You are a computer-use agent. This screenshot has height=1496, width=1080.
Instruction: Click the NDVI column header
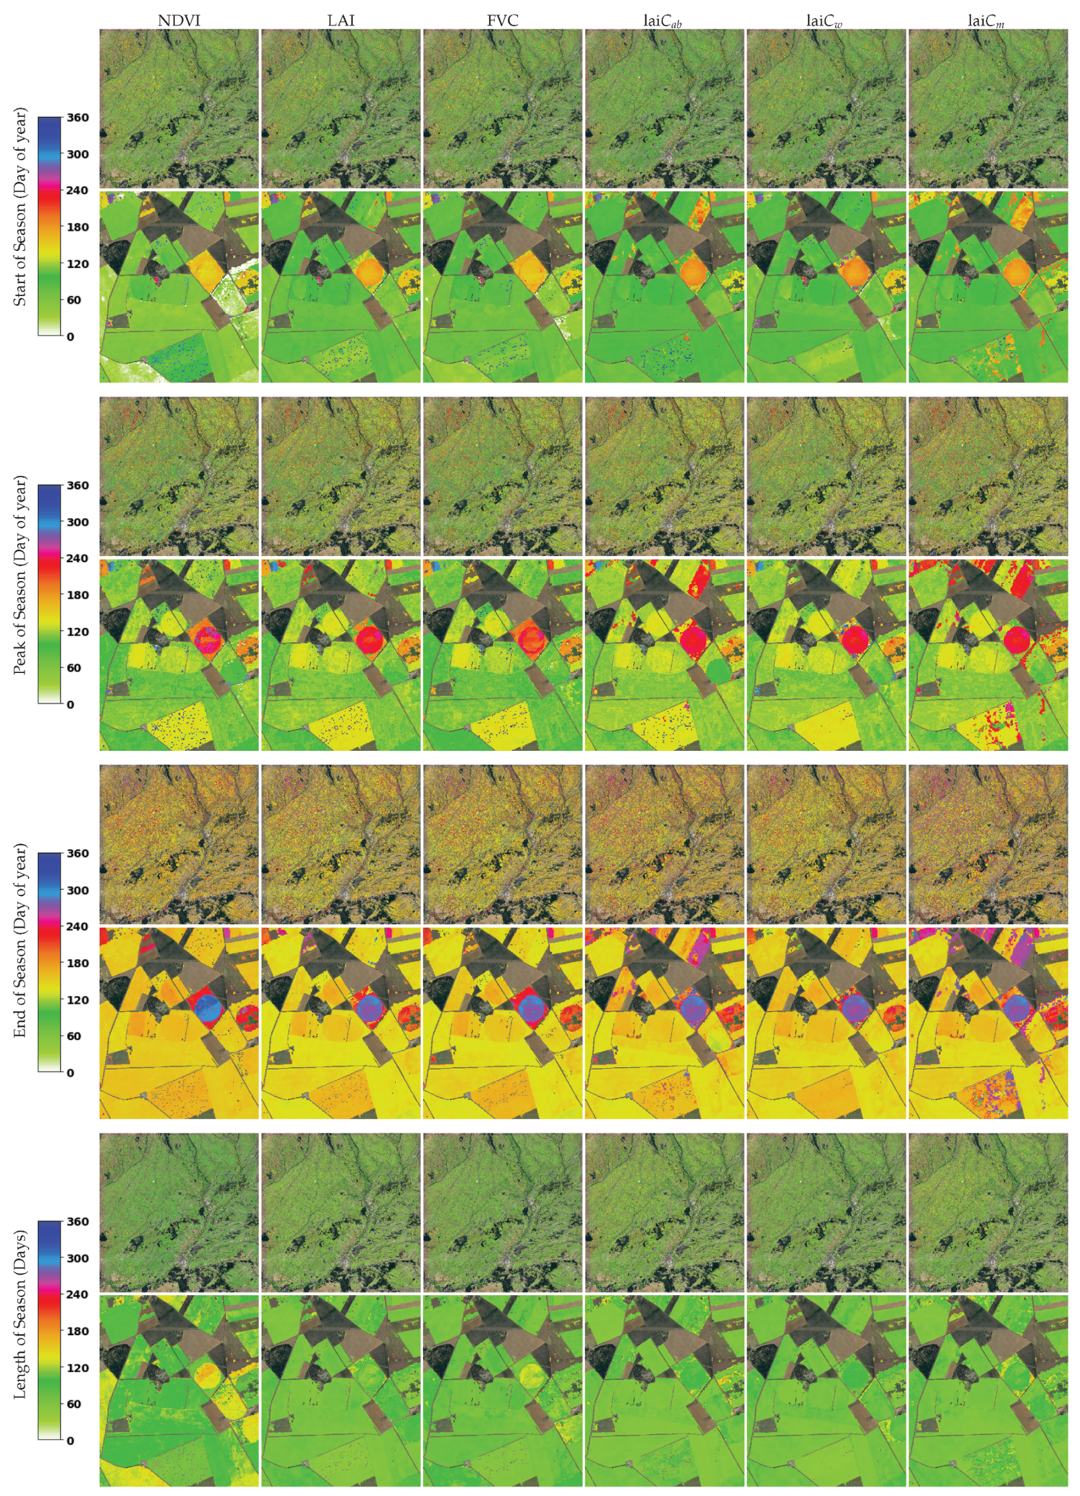[179, 20]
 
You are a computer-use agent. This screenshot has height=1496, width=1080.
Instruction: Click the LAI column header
[341, 20]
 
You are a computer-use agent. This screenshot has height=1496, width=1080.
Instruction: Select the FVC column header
[502, 20]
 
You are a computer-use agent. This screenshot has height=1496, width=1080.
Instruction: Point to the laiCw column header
[825, 21]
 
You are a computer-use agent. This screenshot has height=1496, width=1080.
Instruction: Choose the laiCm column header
[986, 21]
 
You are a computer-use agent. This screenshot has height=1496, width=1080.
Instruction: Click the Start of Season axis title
[20, 207]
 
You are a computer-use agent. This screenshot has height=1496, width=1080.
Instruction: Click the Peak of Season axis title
[20, 575]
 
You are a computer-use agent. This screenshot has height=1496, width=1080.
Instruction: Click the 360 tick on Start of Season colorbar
[77, 117]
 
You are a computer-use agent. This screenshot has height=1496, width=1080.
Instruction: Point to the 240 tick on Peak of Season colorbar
[77, 558]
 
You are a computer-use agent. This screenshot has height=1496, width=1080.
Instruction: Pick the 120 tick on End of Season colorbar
[77, 999]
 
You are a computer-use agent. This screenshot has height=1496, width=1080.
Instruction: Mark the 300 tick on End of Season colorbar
[77, 890]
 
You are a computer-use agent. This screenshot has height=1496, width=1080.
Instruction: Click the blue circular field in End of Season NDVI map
[210, 1007]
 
